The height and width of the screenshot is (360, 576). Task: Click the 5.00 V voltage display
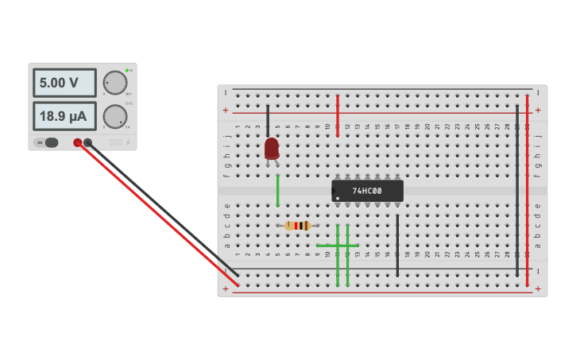click(64, 83)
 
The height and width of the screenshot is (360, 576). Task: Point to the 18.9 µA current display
click(64, 116)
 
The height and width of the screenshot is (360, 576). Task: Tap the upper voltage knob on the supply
click(114, 83)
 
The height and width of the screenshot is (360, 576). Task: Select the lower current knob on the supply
click(114, 117)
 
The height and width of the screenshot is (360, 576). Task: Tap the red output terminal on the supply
click(78, 143)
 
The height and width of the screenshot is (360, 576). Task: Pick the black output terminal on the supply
click(88, 143)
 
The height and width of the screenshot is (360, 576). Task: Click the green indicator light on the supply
click(126, 71)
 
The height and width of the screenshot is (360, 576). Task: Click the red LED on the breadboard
click(272, 148)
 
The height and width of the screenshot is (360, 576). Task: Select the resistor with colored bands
click(298, 226)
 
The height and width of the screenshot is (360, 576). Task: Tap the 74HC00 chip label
click(367, 191)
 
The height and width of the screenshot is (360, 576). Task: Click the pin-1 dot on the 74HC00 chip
click(338, 198)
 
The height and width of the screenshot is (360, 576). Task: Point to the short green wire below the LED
click(277, 190)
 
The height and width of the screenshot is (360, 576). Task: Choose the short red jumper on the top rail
click(338, 115)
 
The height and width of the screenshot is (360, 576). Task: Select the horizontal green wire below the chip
click(337, 246)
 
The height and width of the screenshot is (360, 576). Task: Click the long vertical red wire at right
click(527, 191)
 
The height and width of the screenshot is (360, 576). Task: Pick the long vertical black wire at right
click(517, 191)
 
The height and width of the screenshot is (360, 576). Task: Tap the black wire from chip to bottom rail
click(397, 245)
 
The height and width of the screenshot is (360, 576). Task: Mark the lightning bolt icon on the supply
click(128, 143)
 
